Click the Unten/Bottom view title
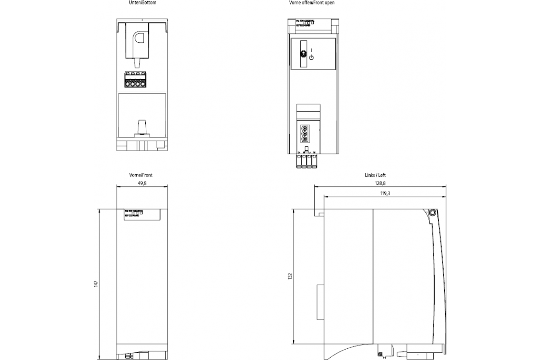pos(143,3)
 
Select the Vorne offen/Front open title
pos(311,3)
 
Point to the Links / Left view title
pos(375,175)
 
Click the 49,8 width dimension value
pos(142,183)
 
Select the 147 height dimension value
pos(96,284)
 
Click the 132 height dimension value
pos(290,275)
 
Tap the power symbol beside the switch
pos(311,58)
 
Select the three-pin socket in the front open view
pos(304,134)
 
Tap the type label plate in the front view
pos(142,214)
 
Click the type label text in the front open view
pos(305,22)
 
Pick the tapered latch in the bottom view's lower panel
pos(142,127)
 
